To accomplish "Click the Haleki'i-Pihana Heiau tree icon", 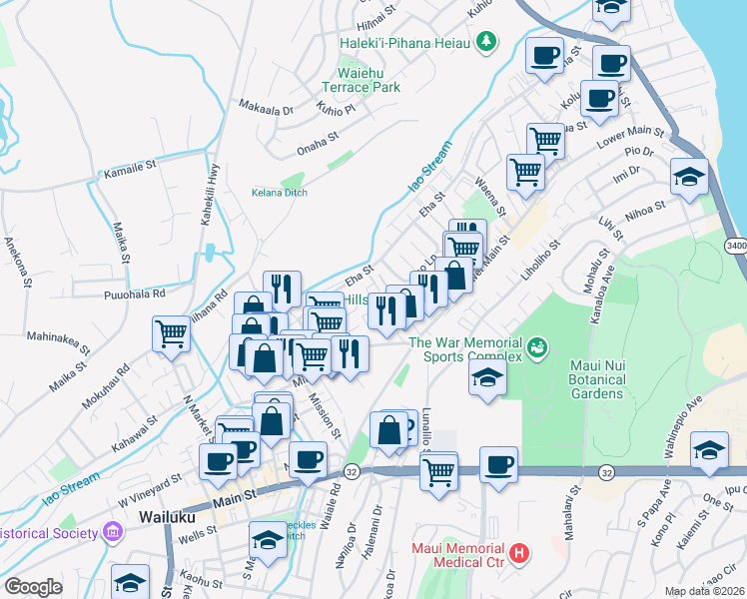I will [x=485, y=42].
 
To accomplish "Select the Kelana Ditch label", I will [x=279, y=193].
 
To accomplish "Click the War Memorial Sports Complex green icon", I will [x=537, y=347].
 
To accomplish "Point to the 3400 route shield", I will [x=735, y=246].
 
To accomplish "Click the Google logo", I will [x=33, y=587].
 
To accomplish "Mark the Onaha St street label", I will [x=320, y=149].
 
